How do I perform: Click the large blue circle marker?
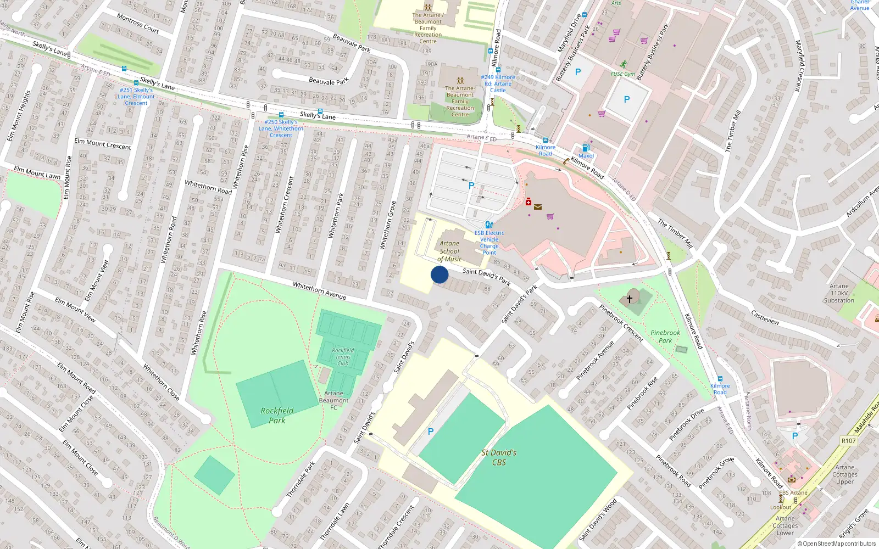coord(439,274)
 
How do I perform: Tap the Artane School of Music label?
coord(449,251)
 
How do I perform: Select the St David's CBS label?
coord(499,457)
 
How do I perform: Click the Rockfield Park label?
coord(277,415)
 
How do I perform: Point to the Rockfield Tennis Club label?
coord(343,357)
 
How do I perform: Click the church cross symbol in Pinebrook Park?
coord(630,299)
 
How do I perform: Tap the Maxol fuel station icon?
coord(586,148)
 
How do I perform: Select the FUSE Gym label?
coord(622,74)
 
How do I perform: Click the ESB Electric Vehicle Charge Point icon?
coord(489,225)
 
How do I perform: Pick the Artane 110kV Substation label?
coord(839,293)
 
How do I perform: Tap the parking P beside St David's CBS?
coord(431,432)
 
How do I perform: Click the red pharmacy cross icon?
coord(528,202)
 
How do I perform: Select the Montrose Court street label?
coord(138,24)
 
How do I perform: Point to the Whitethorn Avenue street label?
coord(319,290)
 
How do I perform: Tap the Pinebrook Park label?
coord(665,337)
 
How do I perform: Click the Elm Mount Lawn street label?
coord(37,172)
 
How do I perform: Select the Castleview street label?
coord(765,317)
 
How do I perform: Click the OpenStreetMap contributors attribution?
coord(836,544)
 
